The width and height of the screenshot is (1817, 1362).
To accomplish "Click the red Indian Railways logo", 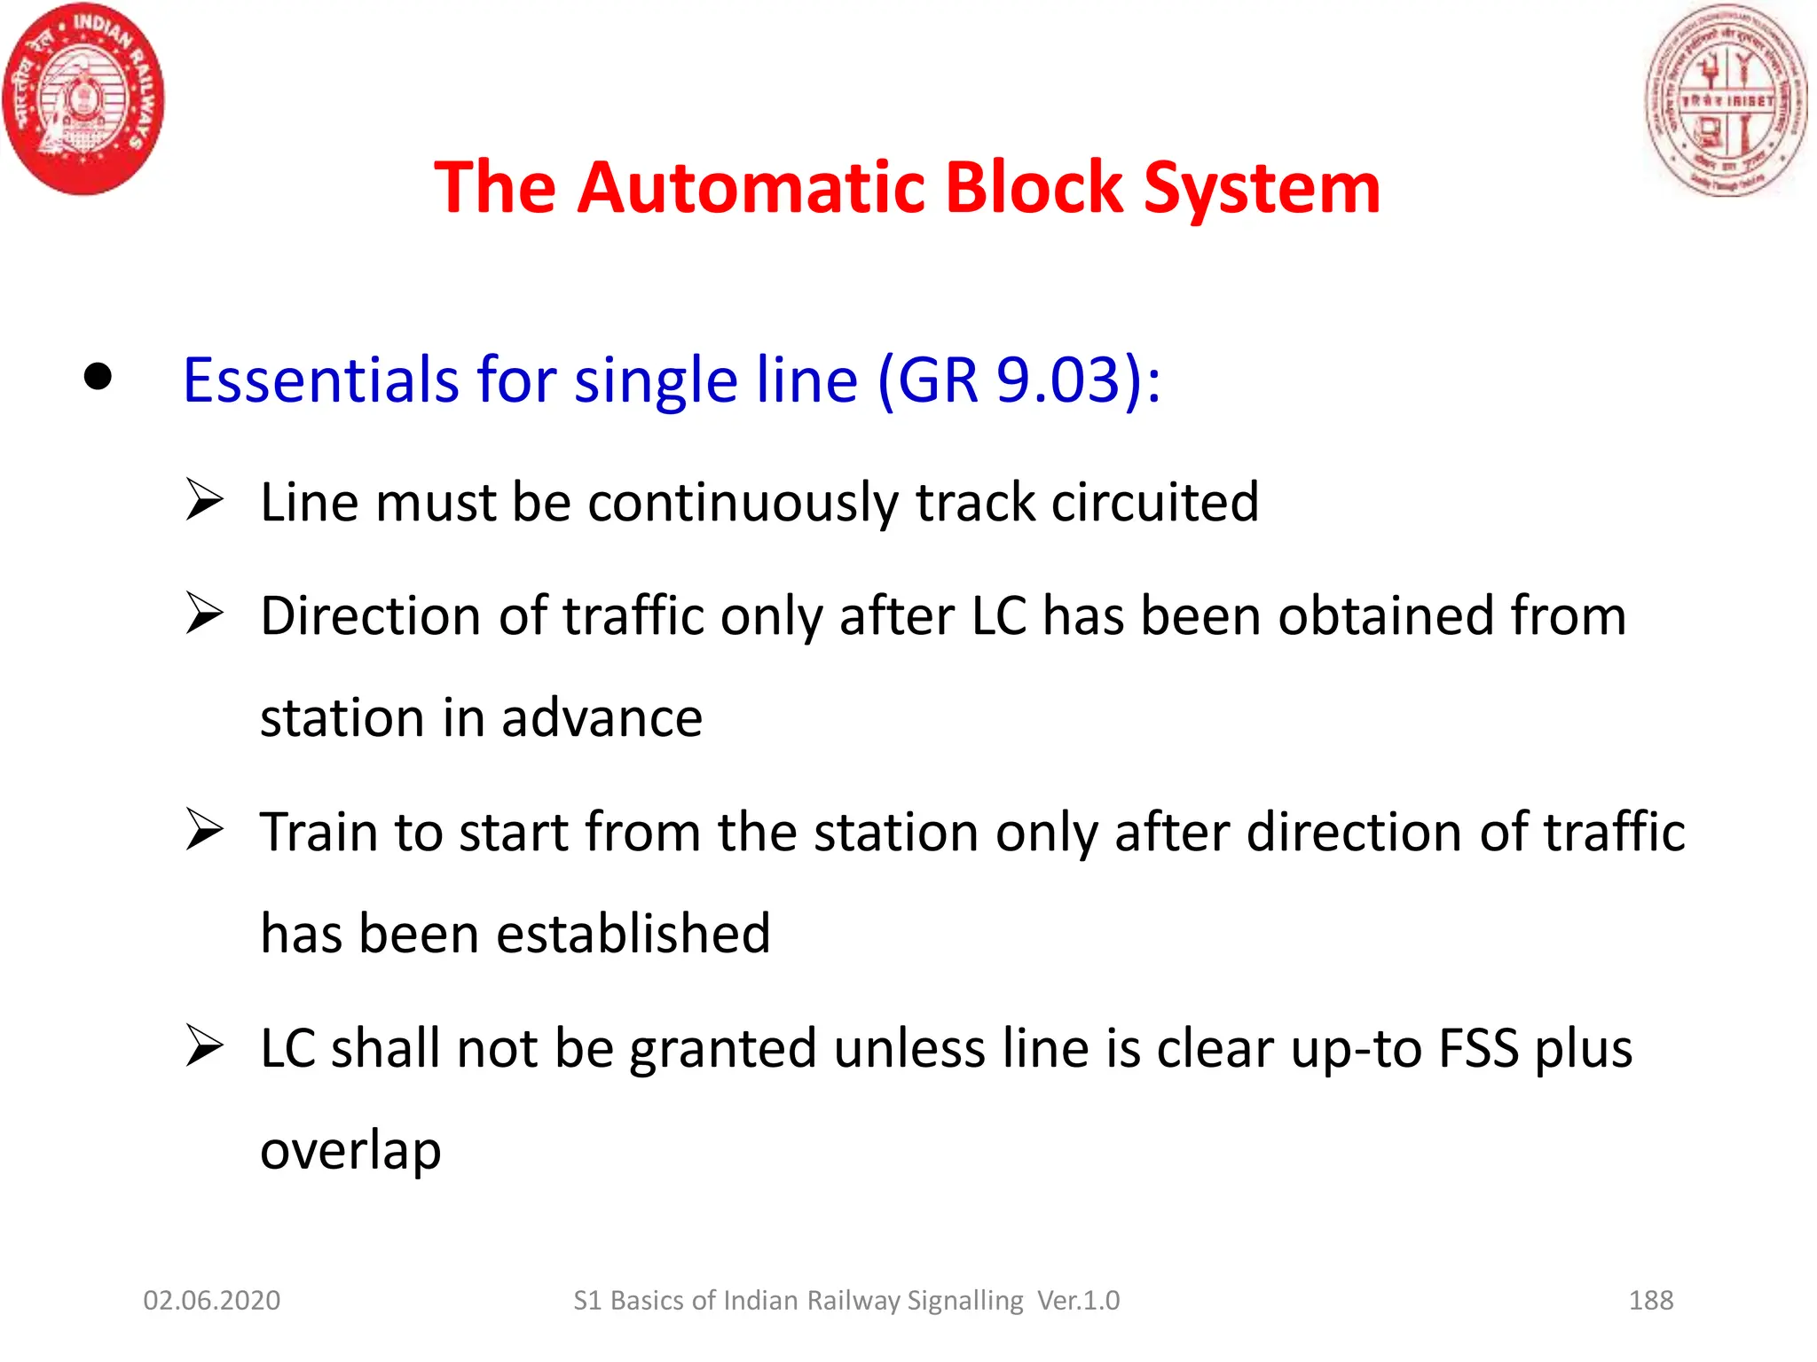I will (x=83, y=98).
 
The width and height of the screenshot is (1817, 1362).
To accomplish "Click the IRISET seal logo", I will (x=1726, y=98).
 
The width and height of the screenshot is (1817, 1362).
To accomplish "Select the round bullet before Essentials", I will (x=98, y=377).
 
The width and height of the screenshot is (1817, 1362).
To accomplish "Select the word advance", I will (x=602, y=717).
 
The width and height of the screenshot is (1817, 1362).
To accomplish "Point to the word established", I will (x=633, y=934).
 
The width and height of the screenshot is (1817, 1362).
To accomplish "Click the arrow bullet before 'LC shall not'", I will (x=204, y=1046).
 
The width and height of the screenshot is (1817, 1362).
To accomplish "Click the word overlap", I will (x=350, y=1151).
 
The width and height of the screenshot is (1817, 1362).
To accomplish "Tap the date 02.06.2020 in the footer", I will (x=211, y=1300).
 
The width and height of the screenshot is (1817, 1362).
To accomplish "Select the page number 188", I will (x=1650, y=1300).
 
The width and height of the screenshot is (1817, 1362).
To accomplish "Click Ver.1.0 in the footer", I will (x=1078, y=1300).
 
